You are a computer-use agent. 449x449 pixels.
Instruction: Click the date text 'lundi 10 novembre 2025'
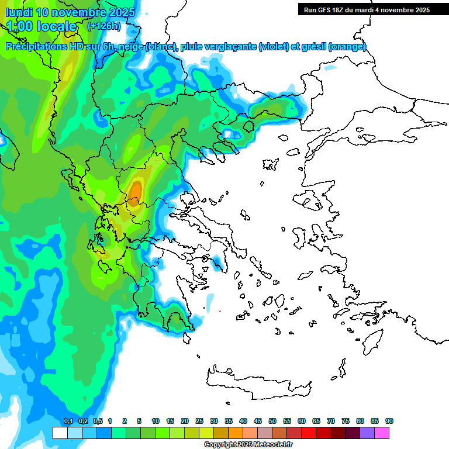coord(70,12)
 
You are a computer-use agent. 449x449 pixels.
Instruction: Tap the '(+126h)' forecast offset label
coord(104,26)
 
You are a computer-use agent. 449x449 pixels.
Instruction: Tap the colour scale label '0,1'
coord(68,422)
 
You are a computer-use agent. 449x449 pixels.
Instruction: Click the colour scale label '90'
coord(389,422)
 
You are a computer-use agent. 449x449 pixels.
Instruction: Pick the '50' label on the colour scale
coord(272,422)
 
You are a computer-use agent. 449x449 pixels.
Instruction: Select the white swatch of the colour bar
coord(60,433)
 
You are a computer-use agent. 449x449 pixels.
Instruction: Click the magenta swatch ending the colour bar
coord(382,433)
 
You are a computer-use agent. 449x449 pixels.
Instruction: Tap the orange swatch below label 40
coord(236,433)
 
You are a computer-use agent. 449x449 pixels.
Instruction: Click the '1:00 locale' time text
coord(43,26)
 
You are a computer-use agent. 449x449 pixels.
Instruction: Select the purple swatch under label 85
coord(367,433)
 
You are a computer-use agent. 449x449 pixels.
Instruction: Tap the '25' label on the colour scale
coord(199,422)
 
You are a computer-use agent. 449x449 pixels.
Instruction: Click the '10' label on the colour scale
coord(156,422)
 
